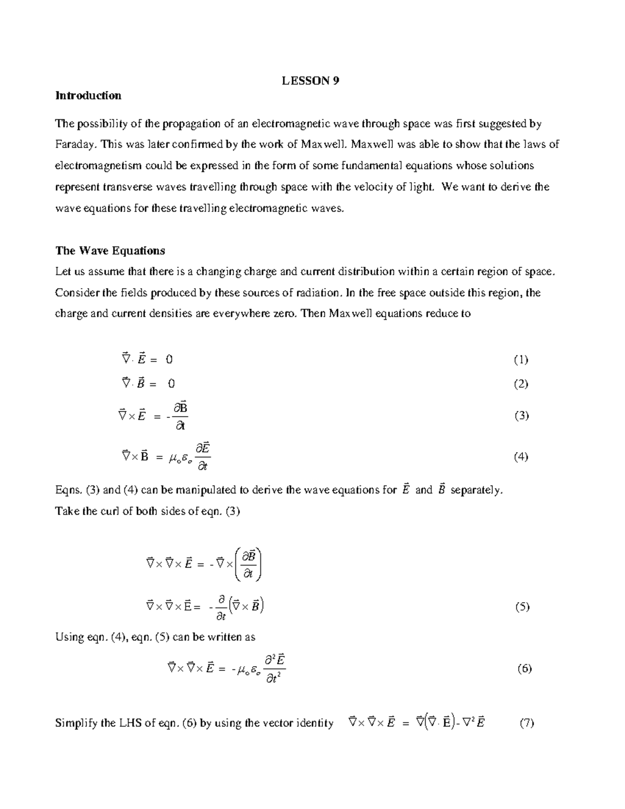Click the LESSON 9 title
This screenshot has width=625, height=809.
[310, 81]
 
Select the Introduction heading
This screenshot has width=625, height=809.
[88, 95]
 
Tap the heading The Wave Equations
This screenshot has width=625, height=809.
[110, 251]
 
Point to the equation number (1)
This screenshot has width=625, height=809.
[521, 359]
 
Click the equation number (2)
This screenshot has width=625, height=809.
[521, 384]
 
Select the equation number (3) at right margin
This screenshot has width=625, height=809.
[521, 416]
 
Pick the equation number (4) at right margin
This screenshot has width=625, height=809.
[521, 457]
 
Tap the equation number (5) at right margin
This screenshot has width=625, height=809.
[522, 606]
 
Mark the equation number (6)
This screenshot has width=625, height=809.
[524, 669]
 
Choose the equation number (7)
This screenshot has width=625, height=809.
[527, 723]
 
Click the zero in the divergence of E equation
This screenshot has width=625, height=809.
[169, 359]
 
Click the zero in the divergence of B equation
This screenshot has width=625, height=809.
[171, 384]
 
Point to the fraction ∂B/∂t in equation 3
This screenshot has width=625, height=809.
[180, 416]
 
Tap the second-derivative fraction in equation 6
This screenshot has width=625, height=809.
[274, 669]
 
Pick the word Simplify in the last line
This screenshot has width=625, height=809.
[74, 723]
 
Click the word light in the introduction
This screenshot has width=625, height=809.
[420, 187]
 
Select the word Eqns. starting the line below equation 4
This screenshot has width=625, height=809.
[68, 490]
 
